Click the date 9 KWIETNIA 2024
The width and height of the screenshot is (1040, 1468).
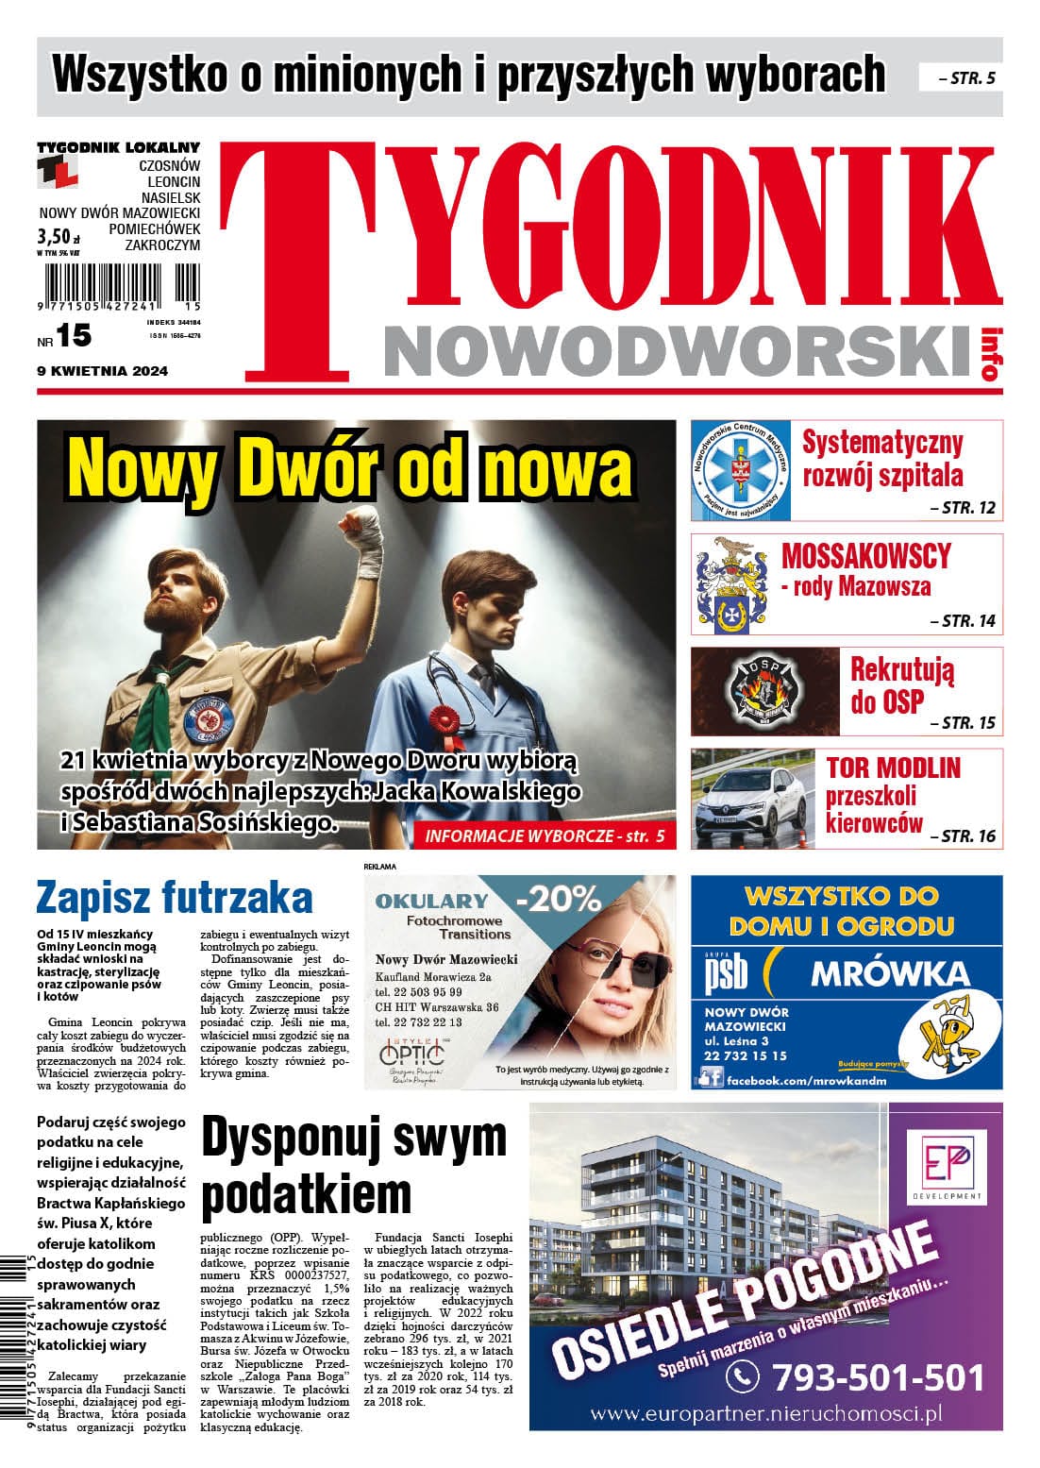pyautogui.click(x=102, y=371)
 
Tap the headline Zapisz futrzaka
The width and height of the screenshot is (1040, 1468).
pyautogui.click(x=175, y=898)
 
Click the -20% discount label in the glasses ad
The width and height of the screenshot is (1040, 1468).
pyautogui.click(x=564, y=900)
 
